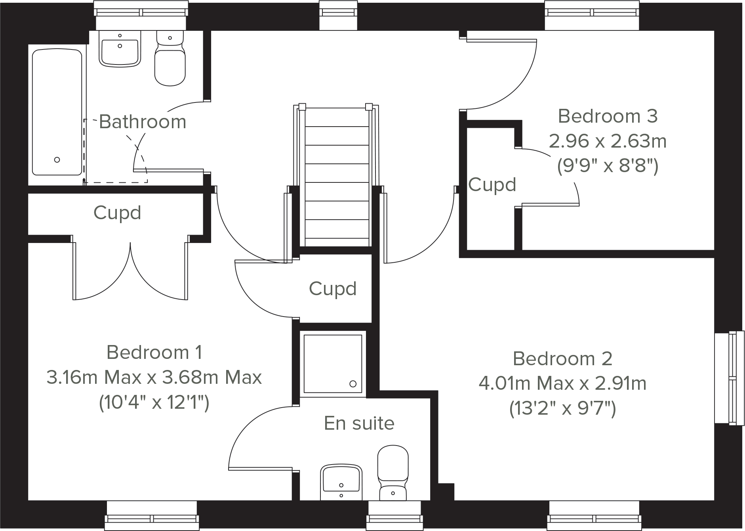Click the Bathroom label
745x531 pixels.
tap(143, 121)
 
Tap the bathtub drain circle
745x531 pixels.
tap(57, 160)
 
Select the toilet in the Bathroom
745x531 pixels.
tap(170, 59)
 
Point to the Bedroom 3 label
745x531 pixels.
tap(608, 116)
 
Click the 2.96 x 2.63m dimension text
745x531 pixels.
tap(608, 141)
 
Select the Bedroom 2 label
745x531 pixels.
tap(562, 359)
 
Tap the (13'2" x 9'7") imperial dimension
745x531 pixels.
tap(562, 408)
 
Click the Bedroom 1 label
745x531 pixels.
tap(154, 352)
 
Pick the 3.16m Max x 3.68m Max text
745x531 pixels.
tap(154, 377)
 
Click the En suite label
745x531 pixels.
tap(359, 423)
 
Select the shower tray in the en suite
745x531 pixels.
tap(333, 364)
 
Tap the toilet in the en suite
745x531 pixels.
tap(393, 473)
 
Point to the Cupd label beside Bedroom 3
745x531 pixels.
tap(492, 184)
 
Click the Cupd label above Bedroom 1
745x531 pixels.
tap(117, 212)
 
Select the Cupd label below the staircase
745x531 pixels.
tap(333, 288)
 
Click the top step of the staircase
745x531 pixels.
tap(337, 118)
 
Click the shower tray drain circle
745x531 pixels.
tap(353, 384)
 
